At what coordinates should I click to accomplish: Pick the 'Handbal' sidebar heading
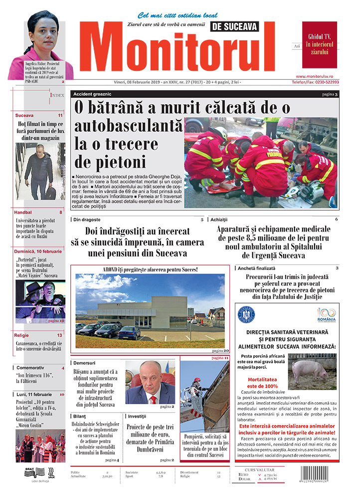point(25,213)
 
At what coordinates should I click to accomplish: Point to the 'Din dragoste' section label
point(87,220)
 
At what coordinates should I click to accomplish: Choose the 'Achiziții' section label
point(219,220)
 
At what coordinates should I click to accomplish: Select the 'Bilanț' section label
point(80,416)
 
